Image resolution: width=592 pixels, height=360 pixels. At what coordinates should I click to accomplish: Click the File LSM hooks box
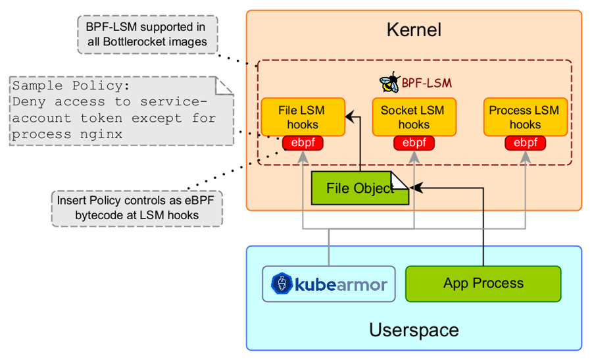point(303,117)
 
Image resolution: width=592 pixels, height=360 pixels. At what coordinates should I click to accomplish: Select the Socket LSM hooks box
point(413,117)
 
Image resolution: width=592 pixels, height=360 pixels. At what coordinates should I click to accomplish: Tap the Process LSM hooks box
point(524,117)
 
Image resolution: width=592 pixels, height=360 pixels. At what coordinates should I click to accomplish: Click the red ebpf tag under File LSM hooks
point(303,143)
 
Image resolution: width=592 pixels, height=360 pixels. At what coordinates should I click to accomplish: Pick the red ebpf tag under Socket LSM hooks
point(414,143)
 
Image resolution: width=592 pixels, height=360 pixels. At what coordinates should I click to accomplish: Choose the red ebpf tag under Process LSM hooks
point(525,143)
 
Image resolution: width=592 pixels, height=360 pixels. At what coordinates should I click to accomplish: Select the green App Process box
point(483,284)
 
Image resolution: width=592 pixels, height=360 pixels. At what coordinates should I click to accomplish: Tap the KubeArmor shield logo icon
point(282,285)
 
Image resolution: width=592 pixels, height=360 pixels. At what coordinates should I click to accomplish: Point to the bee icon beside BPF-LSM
point(389,83)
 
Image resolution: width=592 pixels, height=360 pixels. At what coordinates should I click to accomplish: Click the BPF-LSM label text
point(427,84)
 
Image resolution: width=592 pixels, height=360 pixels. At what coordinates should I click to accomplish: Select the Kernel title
point(414,30)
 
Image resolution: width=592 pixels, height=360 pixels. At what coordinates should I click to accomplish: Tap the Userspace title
point(414,330)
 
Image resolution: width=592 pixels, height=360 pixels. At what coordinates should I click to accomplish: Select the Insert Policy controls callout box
point(137,208)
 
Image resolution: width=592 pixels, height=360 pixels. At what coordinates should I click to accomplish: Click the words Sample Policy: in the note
point(71,86)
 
